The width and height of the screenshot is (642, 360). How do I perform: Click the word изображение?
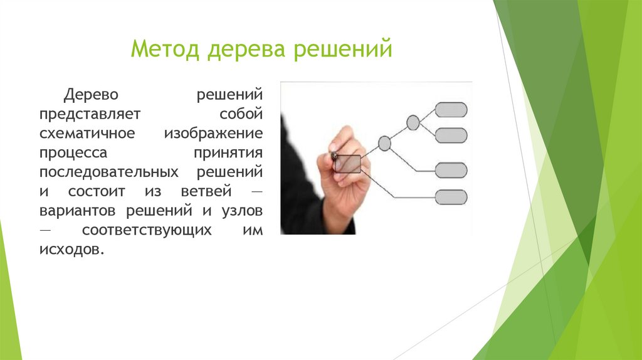[x=214, y=134]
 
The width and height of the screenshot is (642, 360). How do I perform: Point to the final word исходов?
[x=68, y=249]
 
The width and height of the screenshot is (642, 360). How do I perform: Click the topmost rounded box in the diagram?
[x=451, y=110]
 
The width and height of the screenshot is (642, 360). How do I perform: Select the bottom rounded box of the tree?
[x=451, y=197]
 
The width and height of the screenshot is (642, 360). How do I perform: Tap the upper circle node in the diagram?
[x=413, y=122]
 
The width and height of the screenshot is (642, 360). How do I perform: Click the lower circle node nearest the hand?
[x=384, y=144]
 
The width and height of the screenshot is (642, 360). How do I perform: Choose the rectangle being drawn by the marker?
[x=348, y=164]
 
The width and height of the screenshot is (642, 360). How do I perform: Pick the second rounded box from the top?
[x=451, y=135]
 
